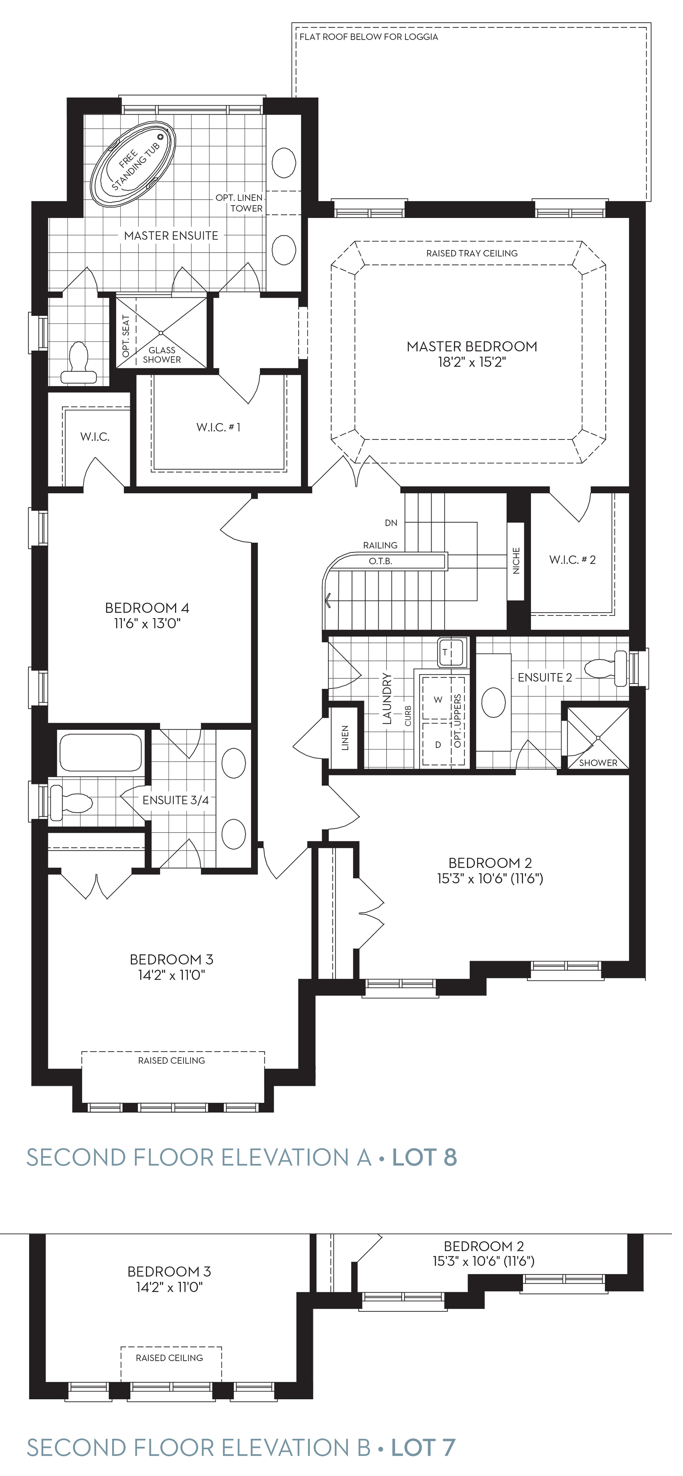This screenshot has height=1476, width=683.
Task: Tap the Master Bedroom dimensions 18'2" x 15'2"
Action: (x=472, y=362)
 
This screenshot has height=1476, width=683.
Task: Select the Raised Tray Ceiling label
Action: (x=472, y=253)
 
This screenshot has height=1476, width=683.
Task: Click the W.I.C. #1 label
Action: (x=218, y=427)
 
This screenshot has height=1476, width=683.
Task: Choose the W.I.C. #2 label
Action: (x=572, y=560)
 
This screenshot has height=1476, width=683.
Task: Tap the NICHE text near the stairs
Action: (x=516, y=561)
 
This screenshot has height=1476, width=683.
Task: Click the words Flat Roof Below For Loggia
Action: (x=369, y=37)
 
